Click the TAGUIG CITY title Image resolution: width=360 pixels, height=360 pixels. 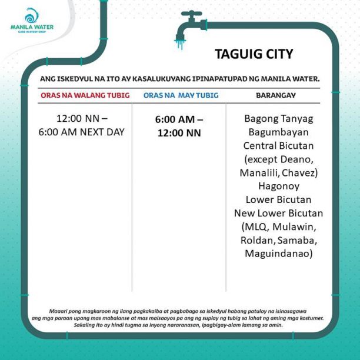click(254, 55)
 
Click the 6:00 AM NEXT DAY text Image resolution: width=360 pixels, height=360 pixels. click(82, 132)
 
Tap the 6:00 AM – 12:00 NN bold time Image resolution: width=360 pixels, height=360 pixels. click(179, 125)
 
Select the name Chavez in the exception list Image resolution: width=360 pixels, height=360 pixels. click(300, 172)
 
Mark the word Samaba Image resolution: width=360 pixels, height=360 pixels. click(298, 240)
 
